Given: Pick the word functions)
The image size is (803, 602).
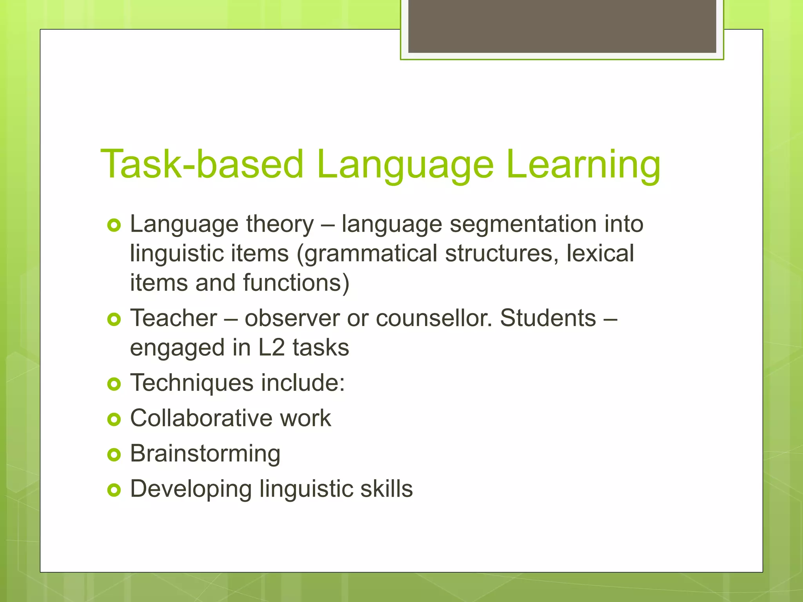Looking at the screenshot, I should pyautogui.click(x=296, y=283).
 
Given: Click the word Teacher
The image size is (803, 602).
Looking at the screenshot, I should pyautogui.click(x=173, y=318).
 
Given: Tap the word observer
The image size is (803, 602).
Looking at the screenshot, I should pyautogui.click(x=292, y=319).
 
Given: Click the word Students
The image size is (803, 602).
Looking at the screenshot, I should pyautogui.click(x=548, y=318).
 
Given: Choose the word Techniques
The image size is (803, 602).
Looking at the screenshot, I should pyautogui.click(x=192, y=383).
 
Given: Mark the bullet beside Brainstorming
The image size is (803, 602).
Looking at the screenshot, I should pyautogui.click(x=114, y=455).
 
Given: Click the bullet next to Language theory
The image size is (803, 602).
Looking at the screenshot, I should pyautogui.click(x=114, y=225).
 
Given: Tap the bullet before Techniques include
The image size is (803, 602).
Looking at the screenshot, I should pyautogui.click(x=114, y=384).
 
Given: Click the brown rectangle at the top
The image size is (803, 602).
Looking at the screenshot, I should pyautogui.click(x=562, y=26).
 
